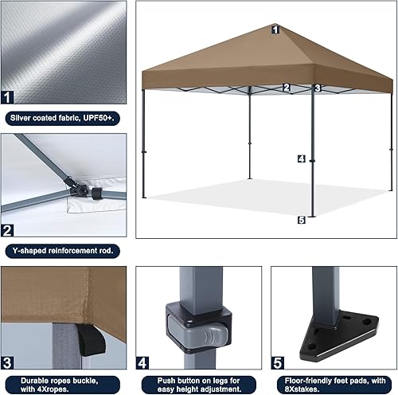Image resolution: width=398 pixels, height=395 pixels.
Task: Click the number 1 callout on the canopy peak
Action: click(x=275, y=29)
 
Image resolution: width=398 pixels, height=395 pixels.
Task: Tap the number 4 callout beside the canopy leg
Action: click(x=301, y=158)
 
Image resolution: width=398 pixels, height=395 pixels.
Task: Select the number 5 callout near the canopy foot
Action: click(x=301, y=220)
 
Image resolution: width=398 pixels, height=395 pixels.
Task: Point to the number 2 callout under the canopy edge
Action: click(x=287, y=88)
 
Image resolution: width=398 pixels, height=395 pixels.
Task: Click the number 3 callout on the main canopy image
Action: click(x=317, y=88)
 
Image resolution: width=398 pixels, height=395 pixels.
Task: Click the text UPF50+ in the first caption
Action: click(x=99, y=117)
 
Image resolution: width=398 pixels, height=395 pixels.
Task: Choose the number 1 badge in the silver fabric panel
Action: click(x=8, y=99)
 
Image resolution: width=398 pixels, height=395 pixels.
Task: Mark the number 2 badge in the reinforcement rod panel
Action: click(x=8, y=232)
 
